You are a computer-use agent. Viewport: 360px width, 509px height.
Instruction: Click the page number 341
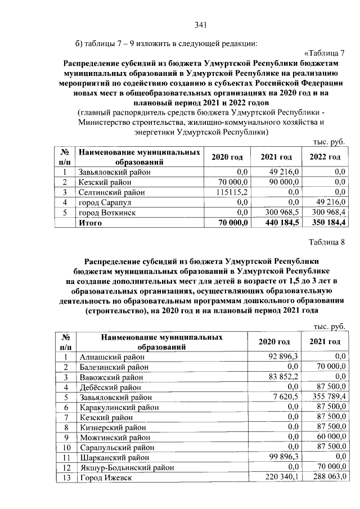tap(201, 24)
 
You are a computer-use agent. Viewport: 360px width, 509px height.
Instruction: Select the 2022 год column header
tap(325, 156)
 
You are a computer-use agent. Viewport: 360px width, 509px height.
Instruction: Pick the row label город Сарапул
tap(105, 202)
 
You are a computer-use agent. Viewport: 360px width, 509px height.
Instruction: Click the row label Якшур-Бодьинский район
tap(127, 467)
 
